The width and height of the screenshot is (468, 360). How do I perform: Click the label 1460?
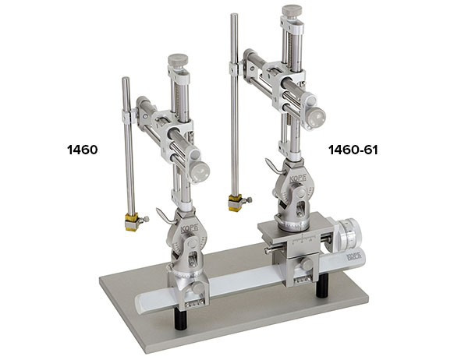[x=83, y=150]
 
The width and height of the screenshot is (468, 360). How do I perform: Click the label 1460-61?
[x=353, y=150]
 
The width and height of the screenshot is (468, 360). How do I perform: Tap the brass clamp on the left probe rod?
[x=132, y=221]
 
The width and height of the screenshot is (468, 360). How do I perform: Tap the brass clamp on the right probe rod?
[x=235, y=203]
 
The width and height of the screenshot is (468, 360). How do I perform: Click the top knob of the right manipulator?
[x=292, y=11]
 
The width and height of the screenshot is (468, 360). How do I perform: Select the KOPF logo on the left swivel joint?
[x=190, y=229]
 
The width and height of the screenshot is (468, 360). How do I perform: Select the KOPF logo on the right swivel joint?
[x=298, y=179]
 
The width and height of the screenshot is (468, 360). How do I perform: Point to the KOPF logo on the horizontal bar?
[x=353, y=256]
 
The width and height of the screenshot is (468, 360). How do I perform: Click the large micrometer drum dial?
[x=349, y=234]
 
